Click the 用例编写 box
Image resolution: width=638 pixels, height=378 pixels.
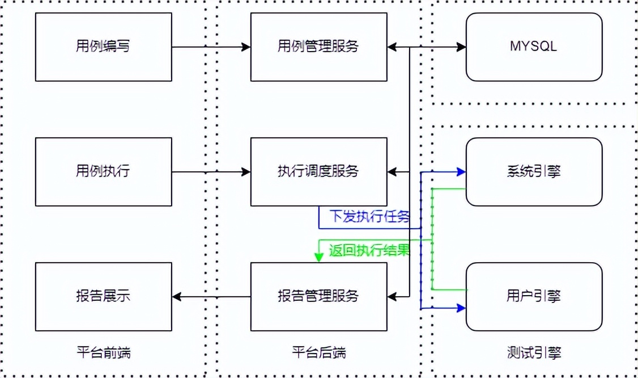coord(103,47)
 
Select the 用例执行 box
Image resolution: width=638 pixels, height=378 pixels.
coord(103,171)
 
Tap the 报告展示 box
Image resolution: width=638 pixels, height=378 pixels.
coord(103,296)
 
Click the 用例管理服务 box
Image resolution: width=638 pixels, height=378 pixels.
coord(318,47)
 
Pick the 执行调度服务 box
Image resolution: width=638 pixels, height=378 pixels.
coord(318,171)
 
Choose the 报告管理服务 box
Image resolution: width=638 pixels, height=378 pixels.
coord(318,296)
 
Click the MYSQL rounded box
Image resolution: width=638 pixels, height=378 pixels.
coord(534,47)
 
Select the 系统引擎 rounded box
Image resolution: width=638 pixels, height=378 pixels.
coord(534,171)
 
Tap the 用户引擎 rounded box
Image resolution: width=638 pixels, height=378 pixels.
coord(534,296)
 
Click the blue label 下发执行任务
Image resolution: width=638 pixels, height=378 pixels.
coord(369,217)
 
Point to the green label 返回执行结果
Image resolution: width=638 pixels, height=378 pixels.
coord(369,250)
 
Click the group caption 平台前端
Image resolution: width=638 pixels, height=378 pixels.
coord(103,353)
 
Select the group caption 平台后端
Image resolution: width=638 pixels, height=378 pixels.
coord(318,353)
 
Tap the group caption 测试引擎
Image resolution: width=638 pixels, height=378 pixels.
coord(534,353)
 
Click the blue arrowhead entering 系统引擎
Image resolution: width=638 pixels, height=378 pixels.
coord(461,171)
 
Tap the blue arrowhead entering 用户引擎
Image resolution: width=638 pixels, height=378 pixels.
coord(461,308)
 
